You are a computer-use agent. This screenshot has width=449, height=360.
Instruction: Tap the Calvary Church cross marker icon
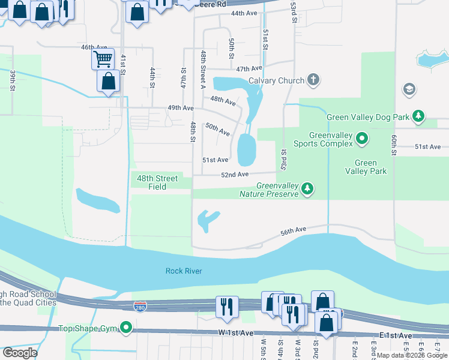[x=312, y=80]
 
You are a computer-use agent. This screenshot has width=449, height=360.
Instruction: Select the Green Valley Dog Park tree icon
[x=418, y=116]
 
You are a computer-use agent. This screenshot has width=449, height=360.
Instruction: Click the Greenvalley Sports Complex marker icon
[x=362, y=139]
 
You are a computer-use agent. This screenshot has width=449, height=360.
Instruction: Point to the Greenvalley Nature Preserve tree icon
[x=307, y=190]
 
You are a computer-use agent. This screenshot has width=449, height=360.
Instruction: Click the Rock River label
[x=184, y=271]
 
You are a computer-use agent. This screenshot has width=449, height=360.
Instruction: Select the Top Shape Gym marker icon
[x=125, y=328]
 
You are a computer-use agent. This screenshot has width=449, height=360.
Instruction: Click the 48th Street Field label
[x=157, y=182]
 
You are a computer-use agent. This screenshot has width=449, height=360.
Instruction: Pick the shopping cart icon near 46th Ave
[x=103, y=59]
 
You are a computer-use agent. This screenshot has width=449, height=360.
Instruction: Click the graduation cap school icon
[x=409, y=89]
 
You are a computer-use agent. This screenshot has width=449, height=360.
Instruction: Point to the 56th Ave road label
[x=294, y=229]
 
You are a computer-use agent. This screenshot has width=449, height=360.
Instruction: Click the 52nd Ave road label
[x=234, y=175]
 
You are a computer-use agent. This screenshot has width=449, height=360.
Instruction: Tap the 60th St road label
[x=394, y=145]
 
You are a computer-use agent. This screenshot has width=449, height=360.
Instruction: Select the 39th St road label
[x=12, y=80]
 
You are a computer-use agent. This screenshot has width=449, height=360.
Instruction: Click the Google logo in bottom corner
[x=20, y=353]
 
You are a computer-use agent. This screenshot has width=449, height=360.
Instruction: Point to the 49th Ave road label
[x=180, y=108]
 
